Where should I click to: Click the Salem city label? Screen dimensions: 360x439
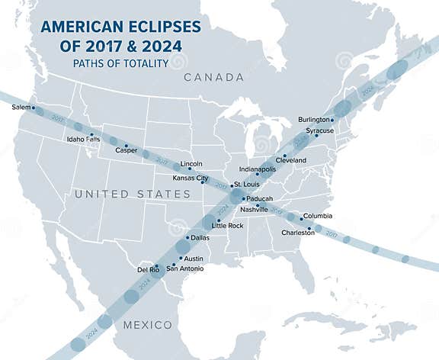pyautogui.click(x=21, y=108)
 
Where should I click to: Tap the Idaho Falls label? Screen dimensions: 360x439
pyautogui.click(x=83, y=140)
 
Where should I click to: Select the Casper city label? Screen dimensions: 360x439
pyautogui.click(x=126, y=150)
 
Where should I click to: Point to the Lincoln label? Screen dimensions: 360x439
pyautogui.click(x=191, y=163)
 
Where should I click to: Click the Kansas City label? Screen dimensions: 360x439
pyautogui.click(x=191, y=178)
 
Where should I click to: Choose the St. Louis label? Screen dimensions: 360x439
pyautogui.click(x=248, y=185)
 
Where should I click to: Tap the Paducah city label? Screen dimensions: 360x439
pyautogui.click(x=259, y=198)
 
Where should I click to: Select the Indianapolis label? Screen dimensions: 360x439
pyautogui.click(x=257, y=169)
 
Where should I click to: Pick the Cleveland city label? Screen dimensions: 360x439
pyautogui.click(x=290, y=160)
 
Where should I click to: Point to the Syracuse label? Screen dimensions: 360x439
pyautogui.click(x=319, y=130)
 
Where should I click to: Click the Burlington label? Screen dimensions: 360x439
pyautogui.click(x=313, y=120)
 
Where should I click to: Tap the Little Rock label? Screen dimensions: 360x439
pyautogui.click(x=228, y=226)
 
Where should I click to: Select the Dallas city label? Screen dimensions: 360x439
pyautogui.click(x=200, y=238)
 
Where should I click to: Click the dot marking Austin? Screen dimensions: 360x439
pyautogui.click(x=181, y=258)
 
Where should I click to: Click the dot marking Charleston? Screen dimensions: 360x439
pyautogui.click(x=309, y=228)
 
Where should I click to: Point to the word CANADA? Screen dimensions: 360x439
pyautogui.click(x=213, y=78)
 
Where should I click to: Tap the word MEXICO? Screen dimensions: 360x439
pyautogui.click(x=148, y=325)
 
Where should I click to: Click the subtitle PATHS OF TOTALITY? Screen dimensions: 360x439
pyautogui.click(x=120, y=64)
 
